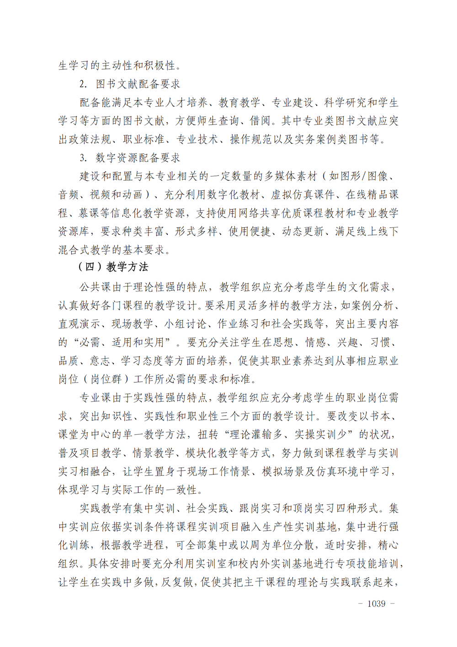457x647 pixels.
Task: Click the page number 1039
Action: point(376,604)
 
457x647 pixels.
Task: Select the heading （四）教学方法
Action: point(113,267)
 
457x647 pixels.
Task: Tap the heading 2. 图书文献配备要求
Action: point(130,84)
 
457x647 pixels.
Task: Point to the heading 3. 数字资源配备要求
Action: point(130,158)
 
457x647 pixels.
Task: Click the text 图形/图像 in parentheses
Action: point(359,176)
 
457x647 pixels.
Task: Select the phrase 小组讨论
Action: point(186,324)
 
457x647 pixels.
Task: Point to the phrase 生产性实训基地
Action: point(300,527)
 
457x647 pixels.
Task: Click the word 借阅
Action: point(260,121)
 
